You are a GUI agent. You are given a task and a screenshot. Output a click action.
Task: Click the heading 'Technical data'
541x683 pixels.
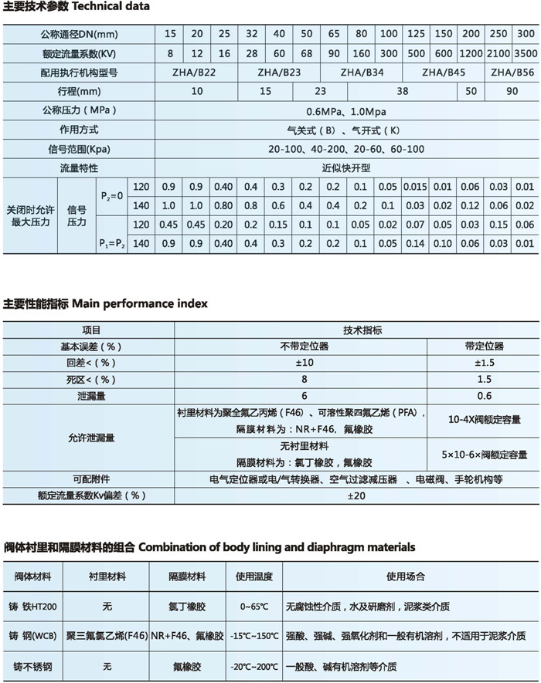114,6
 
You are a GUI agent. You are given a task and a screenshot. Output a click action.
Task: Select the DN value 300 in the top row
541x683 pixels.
525,34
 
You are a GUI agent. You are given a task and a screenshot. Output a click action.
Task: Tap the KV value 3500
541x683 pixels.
525,53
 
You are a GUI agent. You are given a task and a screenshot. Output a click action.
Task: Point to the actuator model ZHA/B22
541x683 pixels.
196,73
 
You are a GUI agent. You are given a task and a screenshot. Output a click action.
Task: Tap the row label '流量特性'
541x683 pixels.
79,167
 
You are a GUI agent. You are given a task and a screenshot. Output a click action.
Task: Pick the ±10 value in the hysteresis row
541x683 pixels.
305,362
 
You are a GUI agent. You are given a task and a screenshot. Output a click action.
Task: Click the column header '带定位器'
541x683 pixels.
485,346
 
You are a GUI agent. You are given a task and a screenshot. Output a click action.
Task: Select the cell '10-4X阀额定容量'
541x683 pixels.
485,420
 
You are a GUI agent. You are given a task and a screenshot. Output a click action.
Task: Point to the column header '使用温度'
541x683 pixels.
254,576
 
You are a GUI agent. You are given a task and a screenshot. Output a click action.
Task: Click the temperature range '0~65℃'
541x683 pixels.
254,607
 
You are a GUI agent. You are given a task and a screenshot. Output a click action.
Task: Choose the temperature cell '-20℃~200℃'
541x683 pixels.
254,665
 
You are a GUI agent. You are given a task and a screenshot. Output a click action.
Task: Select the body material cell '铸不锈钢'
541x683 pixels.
33,665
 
